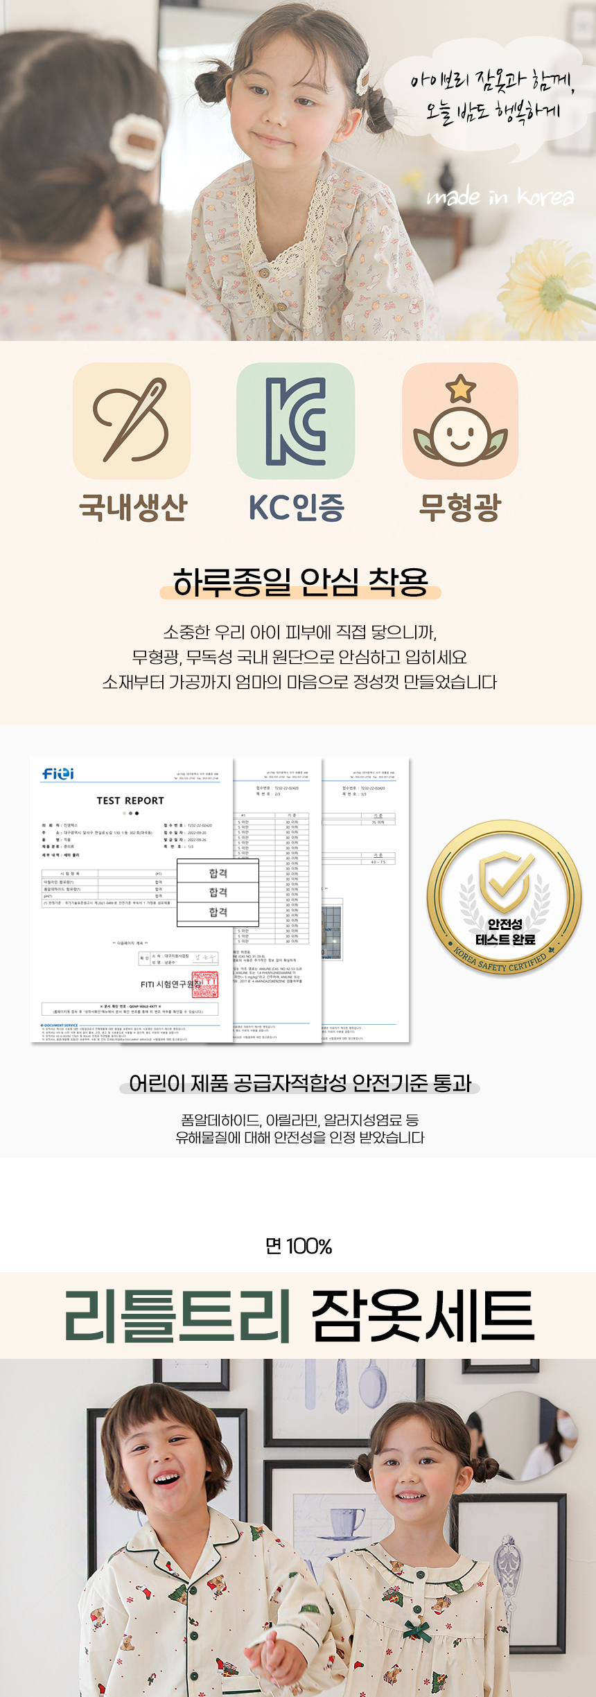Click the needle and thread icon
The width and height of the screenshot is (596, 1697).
[x=132, y=421]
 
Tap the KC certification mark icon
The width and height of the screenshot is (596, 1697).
[x=296, y=421]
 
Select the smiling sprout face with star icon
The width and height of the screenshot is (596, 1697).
[x=460, y=421]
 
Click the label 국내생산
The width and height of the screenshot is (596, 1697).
[x=133, y=507]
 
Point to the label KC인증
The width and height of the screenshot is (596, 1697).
[x=297, y=507]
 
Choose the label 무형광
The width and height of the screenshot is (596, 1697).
[x=459, y=507]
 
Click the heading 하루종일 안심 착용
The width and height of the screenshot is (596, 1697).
[x=300, y=582]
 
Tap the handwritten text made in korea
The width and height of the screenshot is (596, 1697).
[x=500, y=197]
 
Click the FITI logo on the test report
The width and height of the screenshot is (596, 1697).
[x=58, y=773]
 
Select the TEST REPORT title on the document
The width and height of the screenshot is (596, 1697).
[x=130, y=800]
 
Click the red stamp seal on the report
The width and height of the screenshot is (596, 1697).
[x=204, y=985]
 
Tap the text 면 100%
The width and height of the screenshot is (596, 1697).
[x=299, y=1247]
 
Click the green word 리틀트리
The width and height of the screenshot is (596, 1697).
[x=177, y=1316]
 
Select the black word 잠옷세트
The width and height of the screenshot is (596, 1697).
[x=423, y=1316]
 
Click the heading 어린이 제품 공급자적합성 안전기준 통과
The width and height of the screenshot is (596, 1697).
[x=300, y=1083]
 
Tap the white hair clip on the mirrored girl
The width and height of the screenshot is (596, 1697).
[x=136, y=141]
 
